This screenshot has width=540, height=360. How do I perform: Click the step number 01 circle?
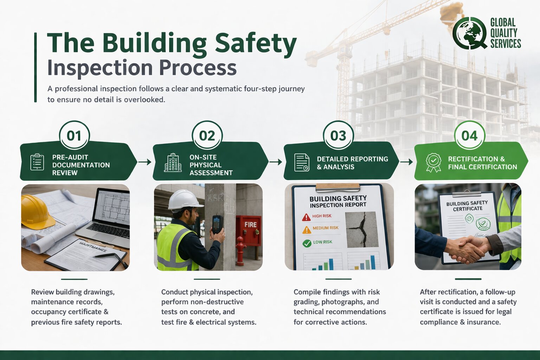click(x=74, y=136)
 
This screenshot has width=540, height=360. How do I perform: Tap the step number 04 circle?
click(x=469, y=136)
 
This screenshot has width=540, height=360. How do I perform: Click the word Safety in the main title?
click(x=256, y=44)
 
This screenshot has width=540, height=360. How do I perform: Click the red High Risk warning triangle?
click(x=306, y=217)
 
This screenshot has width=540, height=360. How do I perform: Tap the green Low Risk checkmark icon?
click(x=307, y=243)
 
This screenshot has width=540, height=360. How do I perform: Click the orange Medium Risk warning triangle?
click(x=307, y=230)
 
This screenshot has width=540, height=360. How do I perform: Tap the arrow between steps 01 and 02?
click(x=144, y=162)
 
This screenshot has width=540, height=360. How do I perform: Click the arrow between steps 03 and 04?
click(x=406, y=162)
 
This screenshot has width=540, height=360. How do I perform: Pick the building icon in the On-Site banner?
click(x=173, y=163)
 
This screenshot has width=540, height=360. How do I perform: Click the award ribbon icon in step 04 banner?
click(x=433, y=162)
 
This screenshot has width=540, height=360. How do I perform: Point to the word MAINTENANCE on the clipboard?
click(x=93, y=247)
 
